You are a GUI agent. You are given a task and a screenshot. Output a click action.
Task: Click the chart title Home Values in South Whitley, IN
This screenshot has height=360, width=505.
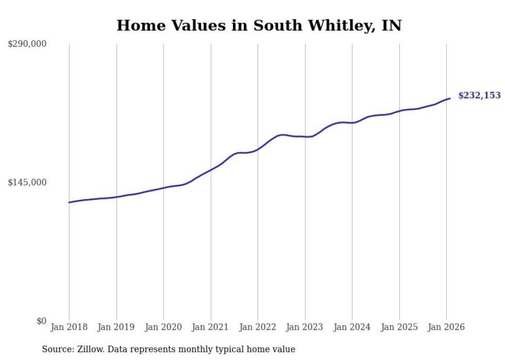click(x=259, y=25)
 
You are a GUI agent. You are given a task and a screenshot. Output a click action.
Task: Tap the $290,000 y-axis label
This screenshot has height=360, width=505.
click(x=27, y=44)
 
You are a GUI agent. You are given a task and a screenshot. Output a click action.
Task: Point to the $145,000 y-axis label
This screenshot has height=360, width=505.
click(x=27, y=182)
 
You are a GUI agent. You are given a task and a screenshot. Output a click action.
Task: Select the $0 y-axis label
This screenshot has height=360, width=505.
click(x=41, y=321)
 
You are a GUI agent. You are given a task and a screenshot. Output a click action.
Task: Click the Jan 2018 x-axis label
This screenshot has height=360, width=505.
click(x=69, y=327)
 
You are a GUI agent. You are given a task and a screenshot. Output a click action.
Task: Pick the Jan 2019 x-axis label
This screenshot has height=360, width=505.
click(x=116, y=327)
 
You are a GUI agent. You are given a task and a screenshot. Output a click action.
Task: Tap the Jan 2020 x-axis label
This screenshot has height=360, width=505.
click(x=163, y=327)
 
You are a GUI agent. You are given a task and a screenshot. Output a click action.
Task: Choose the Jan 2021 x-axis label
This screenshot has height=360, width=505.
click(x=210, y=327)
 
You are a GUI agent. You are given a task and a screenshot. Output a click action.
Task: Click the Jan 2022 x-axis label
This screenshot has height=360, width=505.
click(x=258, y=327)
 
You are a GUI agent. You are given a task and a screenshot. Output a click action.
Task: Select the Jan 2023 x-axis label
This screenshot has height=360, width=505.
click(x=305, y=327)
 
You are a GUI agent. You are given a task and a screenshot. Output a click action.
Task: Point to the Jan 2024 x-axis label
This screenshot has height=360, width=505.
click(x=352, y=327)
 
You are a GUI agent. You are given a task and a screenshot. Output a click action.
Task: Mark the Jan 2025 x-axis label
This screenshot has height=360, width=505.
click(x=399, y=327)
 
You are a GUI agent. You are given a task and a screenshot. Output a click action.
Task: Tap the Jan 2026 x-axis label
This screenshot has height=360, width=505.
click(x=446, y=327)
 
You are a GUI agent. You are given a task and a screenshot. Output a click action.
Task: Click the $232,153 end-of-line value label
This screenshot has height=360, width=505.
click(x=479, y=95)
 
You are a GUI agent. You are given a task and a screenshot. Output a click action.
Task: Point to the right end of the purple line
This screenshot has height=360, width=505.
click(x=450, y=98)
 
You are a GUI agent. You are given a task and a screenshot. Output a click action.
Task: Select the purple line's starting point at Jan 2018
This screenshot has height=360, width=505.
click(x=69, y=202)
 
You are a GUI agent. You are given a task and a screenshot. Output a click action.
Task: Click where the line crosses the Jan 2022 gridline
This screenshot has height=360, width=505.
click(x=258, y=149)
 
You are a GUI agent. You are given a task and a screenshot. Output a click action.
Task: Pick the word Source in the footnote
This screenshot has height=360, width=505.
click(x=56, y=349)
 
